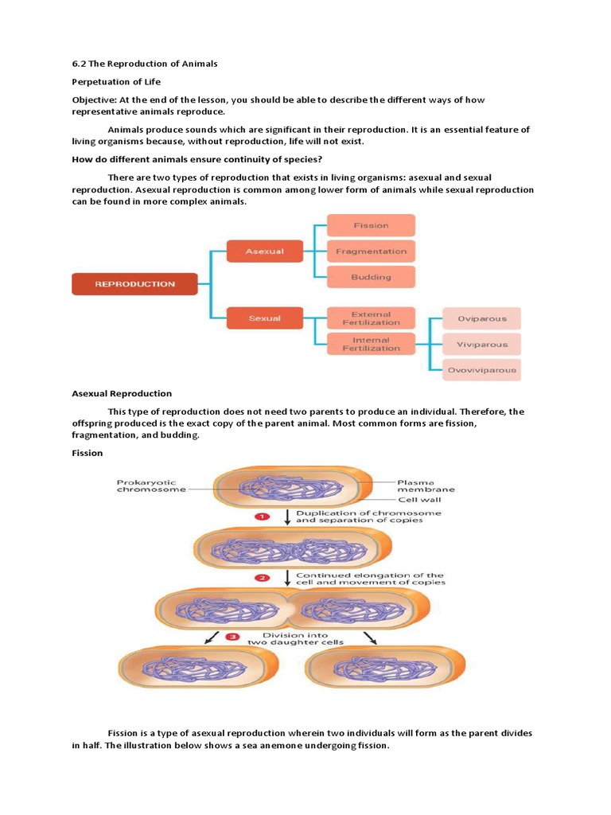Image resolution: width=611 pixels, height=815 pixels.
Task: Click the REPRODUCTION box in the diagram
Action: click(135, 284)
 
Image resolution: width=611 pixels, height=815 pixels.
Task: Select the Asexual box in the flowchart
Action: click(265, 252)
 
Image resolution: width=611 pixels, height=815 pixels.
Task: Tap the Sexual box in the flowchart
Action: click(265, 318)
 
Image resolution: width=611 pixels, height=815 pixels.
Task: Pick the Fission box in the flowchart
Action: click(371, 225)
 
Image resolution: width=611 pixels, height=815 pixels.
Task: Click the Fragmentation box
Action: click(371, 252)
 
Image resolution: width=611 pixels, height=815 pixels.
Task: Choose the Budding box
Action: click(371, 277)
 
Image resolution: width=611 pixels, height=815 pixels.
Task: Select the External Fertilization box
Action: click(371, 318)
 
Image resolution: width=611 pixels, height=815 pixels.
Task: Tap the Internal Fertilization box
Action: click(371, 344)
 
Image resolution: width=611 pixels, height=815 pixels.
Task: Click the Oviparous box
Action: click(481, 318)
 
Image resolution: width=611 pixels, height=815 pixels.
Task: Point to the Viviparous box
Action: click(481, 344)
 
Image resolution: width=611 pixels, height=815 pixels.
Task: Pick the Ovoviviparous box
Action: click(481, 370)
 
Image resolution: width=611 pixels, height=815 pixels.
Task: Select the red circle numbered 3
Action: click(232, 637)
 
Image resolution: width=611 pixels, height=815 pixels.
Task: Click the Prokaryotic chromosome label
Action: click(151, 485)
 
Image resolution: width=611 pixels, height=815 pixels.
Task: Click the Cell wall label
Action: click(419, 500)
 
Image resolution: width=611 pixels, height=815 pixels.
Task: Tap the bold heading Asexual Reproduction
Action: click(122, 393)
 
